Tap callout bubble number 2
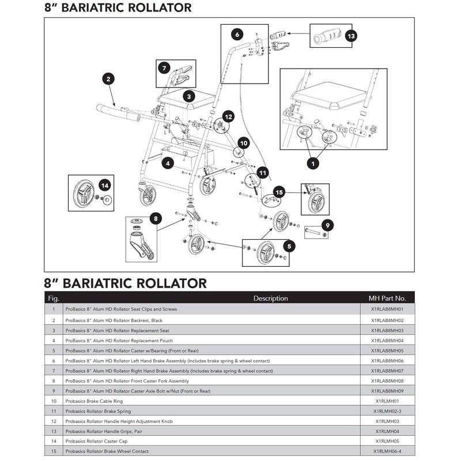point(108,78)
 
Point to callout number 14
point(105,185)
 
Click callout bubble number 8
point(154,218)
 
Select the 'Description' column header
point(270,298)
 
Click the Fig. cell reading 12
point(54,421)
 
